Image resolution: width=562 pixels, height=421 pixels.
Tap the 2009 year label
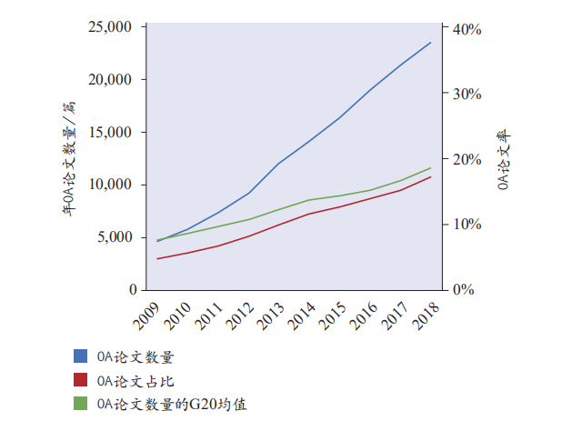(x=146, y=314)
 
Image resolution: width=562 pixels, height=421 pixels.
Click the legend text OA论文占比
(x=135, y=380)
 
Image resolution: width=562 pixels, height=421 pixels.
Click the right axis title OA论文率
(x=504, y=160)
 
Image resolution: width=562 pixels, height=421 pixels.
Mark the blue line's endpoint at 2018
(x=431, y=42)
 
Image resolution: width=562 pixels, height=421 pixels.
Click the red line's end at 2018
(x=431, y=176)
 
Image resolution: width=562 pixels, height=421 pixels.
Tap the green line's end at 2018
(x=431, y=167)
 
